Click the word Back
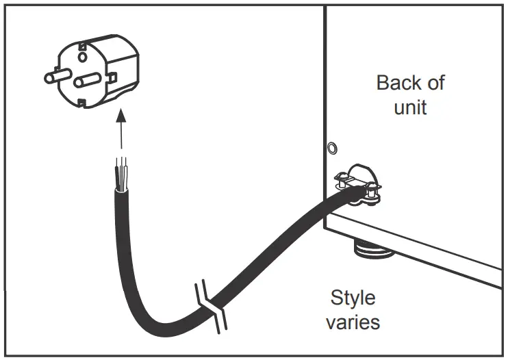click(x=399, y=83)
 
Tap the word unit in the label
click(x=410, y=107)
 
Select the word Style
click(x=353, y=298)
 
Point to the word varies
click(x=353, y=321)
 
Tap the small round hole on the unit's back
click(x=332, y=147)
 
